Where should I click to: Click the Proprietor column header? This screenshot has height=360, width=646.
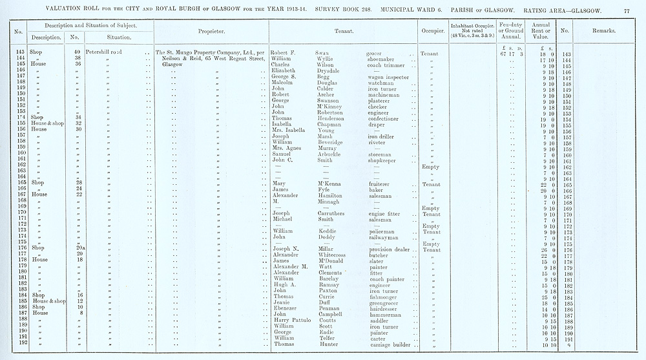(212, 31)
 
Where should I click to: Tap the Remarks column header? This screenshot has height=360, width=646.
(605, 31)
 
